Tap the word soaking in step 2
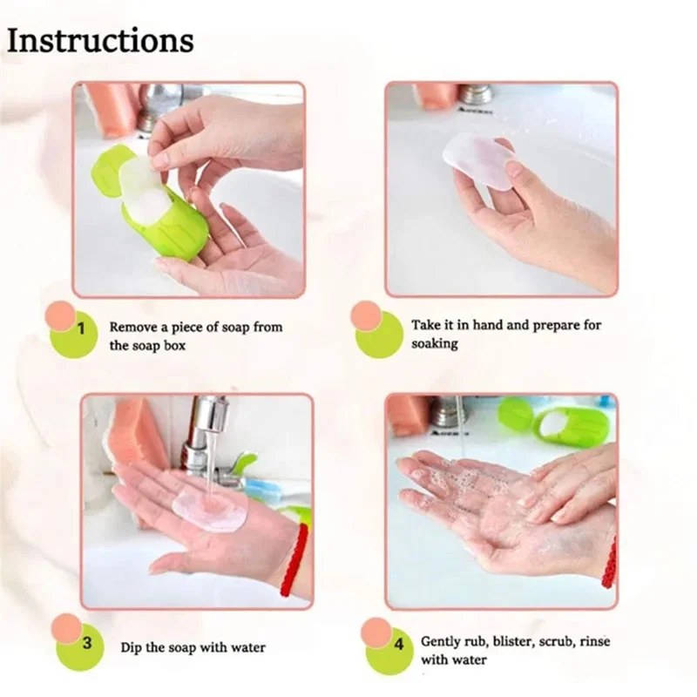coord(435,344)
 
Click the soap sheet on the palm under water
coord(210,504)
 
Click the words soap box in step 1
coord(159,345)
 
